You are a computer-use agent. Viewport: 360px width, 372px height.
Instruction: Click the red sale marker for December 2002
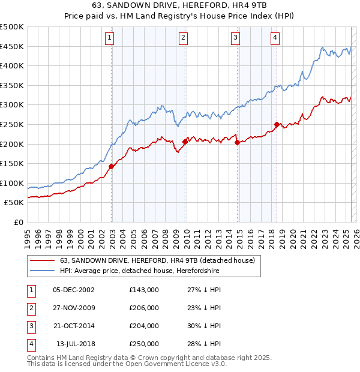(112, 166)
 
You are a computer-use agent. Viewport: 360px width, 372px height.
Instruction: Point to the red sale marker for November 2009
(185, 142)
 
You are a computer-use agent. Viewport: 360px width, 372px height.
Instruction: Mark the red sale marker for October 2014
(238, 143)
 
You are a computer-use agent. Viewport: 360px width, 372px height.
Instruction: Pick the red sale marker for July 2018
(277, 125)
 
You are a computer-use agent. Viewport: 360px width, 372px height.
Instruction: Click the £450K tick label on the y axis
(12, 46)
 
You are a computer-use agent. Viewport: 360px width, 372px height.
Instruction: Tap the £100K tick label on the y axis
(12, 183)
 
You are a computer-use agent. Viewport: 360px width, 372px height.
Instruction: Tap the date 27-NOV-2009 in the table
(74, 308)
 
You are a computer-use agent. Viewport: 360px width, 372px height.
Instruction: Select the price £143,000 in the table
(144, 290)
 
